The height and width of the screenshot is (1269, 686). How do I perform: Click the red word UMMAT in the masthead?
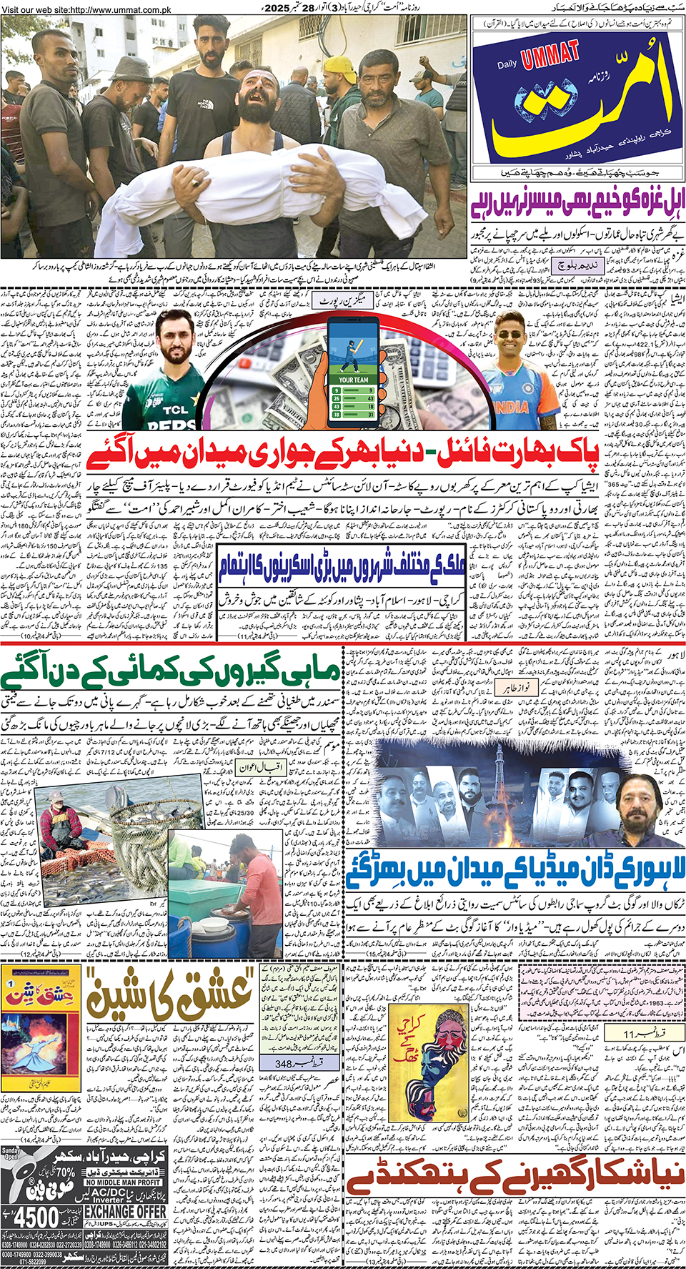[x=550, y=56]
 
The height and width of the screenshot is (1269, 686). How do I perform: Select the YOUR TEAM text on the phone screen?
[x=354, y=380]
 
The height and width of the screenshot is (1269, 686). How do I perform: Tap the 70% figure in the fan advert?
[x=64, y=1172]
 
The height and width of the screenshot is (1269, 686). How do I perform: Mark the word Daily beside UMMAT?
[x=507, y=65]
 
